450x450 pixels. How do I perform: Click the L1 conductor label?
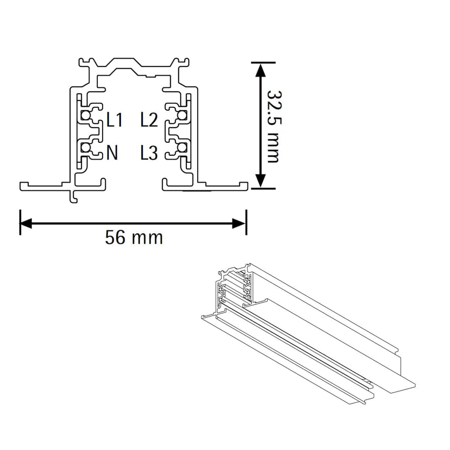(114, 120)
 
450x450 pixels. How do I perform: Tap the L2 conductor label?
(149, 120)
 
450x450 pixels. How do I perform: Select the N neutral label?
(112, 153)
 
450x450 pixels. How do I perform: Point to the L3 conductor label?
(149, 153)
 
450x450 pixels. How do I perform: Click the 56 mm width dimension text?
(134, 238)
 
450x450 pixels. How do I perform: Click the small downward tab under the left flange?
(74, 196)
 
